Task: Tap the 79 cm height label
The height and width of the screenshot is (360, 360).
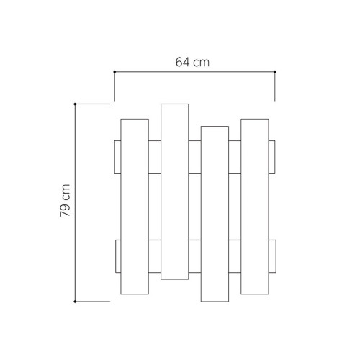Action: (x=65, y=201)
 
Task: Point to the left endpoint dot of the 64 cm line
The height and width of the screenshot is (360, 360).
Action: (x=114, y=71)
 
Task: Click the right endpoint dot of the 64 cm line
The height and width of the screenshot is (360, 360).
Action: (x=275, y=71)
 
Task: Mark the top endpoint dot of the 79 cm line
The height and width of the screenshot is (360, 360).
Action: (x=76, y=104)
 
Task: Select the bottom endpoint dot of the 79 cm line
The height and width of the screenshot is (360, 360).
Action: (x=76, y=302)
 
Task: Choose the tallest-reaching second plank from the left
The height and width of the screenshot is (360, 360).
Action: (x=175, y=192)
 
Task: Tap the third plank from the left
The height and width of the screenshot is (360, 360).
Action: (x=215, y=214)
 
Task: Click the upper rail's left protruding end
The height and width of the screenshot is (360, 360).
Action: (x=117, y=157)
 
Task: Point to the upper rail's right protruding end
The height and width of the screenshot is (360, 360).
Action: (x=273, y=157)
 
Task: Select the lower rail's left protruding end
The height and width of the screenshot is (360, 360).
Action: (x=117, y=257)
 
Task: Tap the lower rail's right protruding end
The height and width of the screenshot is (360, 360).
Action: (x=273, y=257)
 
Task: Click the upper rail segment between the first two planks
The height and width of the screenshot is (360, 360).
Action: (x=155, y=157)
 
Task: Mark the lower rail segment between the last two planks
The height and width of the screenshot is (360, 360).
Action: (x=235, y=257)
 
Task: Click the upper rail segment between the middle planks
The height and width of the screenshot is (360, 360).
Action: (x=195, y=157)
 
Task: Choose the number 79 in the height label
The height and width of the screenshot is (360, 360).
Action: (x=65, y=209)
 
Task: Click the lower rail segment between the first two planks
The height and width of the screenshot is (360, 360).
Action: (x=155, y=257)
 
